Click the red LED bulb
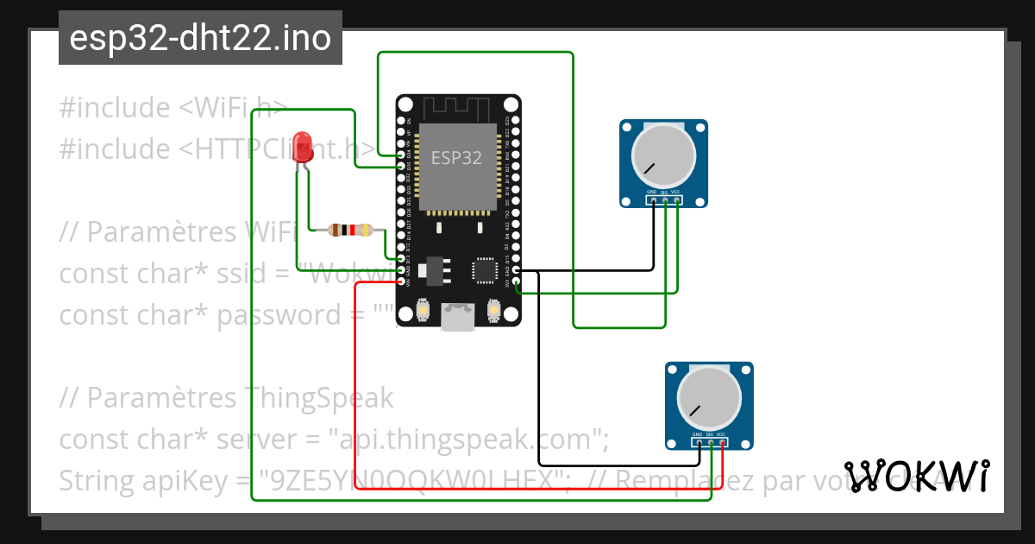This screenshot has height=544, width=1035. point(302,143)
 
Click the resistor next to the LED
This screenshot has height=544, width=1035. point(349,230)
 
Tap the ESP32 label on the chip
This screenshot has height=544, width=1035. point(456,158)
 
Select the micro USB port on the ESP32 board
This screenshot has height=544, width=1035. point(457,317)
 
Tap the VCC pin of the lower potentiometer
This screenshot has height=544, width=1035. point(722,443)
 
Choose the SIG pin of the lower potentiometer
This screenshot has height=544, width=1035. point(710,443)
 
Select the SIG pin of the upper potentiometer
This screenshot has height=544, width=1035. point(665,201)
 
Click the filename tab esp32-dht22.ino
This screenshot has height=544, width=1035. point(200,38)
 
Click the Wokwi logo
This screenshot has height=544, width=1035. point(917,476)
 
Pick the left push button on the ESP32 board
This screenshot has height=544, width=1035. point(423,309)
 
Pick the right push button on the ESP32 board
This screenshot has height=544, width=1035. point(494,309)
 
